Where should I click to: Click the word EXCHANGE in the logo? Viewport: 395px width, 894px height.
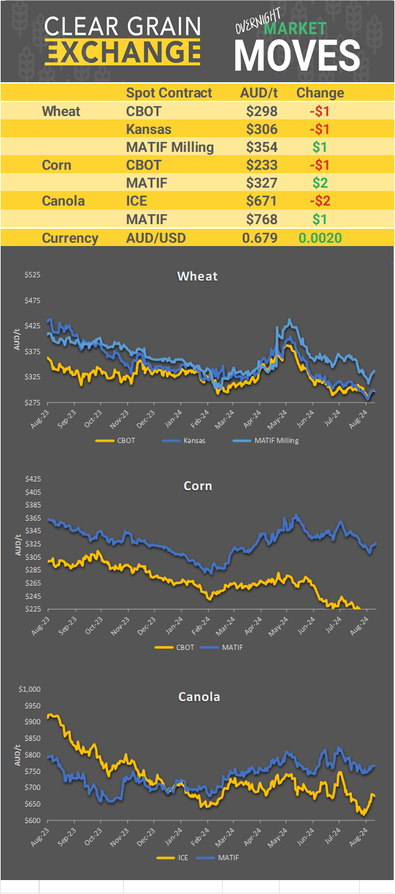click(x=123, y=51)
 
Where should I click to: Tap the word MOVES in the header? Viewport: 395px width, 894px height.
click(x=297, y=55)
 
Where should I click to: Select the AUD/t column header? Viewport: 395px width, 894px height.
click(x=258, y=93)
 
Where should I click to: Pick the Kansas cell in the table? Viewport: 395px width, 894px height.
click(x=149, y=129)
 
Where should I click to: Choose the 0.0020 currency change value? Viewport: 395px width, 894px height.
click(x=320, y=238)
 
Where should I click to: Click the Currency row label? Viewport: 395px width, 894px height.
click(x=70, y=238)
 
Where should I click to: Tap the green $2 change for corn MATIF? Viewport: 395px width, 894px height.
click(x=320, y=182)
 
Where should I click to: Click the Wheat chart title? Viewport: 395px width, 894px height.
click(x=197, y=276)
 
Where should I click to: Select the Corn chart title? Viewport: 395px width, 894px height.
click(x=197, y=486)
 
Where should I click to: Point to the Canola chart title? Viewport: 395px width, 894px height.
click(x=199, y=696)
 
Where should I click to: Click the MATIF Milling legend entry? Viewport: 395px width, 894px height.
click(x=265, y=440)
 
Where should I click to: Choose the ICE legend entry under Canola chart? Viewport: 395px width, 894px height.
click(x=176, y=858)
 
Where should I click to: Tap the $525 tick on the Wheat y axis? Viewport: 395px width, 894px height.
click(x=32, y=275)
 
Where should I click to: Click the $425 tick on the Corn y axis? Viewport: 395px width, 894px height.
click(x=32, y=479)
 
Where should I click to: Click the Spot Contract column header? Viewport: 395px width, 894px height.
click(x=169, y=93)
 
